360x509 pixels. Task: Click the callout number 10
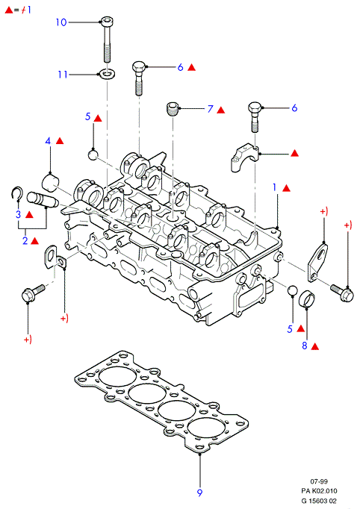pos(61,22)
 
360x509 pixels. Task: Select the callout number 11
pos(63,75)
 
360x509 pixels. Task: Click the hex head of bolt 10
pos(107,22)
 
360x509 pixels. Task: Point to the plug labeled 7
pos(173,108)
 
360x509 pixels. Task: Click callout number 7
pos(211,109)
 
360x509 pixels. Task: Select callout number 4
pos(48,141)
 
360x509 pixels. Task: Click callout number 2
pos(25,241)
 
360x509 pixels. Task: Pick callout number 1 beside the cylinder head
pos(275,187)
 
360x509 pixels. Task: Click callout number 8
pos(305,346)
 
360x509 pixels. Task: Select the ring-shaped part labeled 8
pos(307,299)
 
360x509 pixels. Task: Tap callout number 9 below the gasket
pos(199,493)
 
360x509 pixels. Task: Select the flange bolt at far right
pos(342,293)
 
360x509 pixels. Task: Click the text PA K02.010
pos(319,491)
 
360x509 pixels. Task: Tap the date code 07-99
pos(319,481)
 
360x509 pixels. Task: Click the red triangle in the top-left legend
pos(9,10)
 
